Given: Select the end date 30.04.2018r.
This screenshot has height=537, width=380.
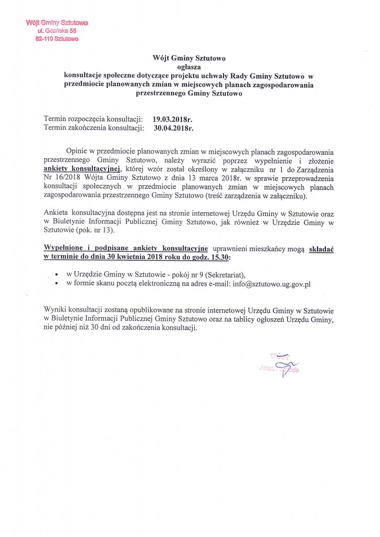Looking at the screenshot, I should coord(174,127).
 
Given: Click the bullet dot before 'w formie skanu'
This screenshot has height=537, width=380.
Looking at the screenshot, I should coord(56,284).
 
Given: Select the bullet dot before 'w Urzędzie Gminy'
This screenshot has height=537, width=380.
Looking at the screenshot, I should coord(56,275).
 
